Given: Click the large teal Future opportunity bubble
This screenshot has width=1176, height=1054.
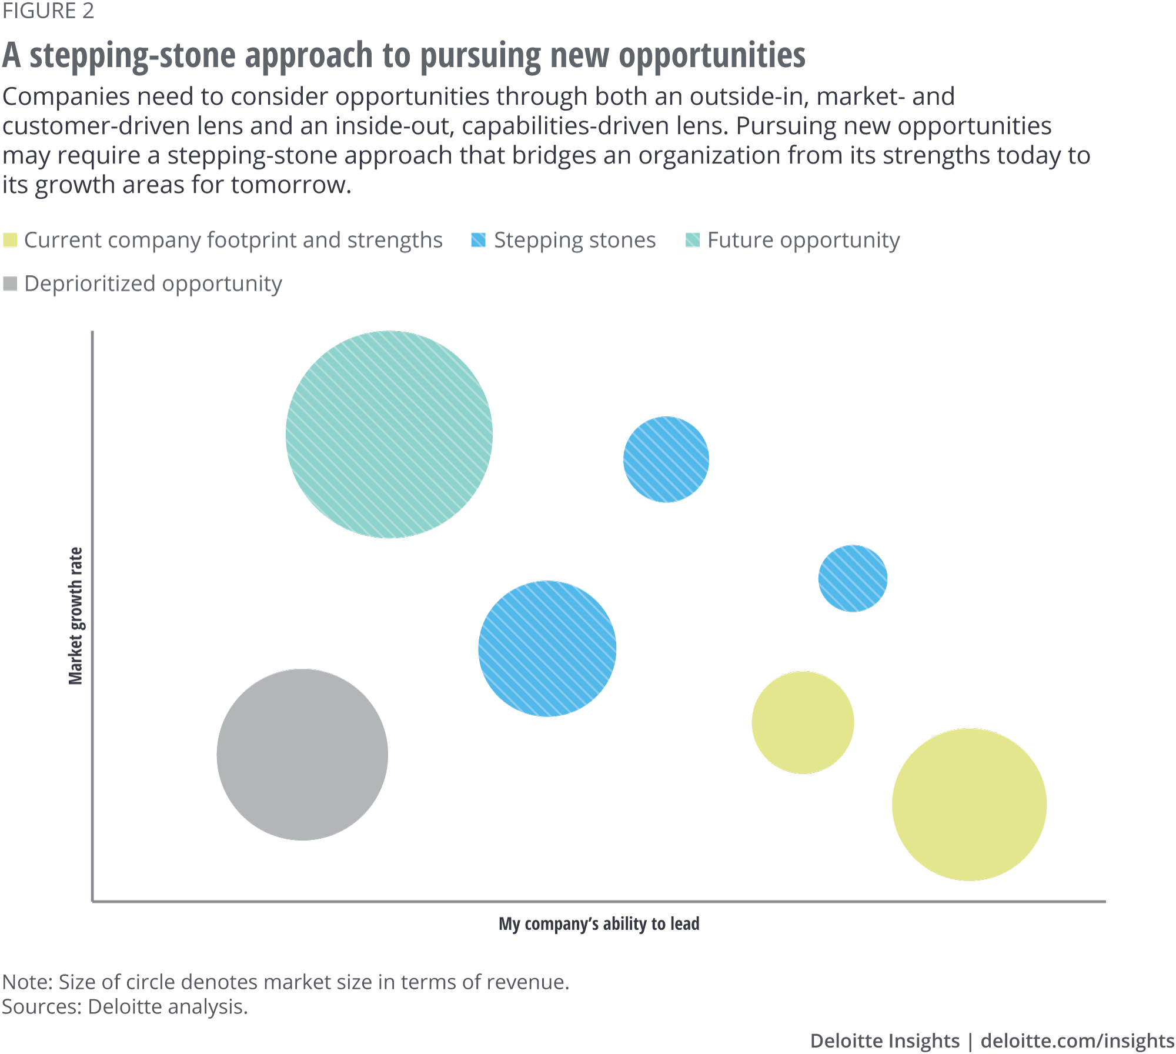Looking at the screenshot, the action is pyautogui.click(x=389, y=434).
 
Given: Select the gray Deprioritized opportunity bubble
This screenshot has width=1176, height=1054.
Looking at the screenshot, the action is pyautogui.click(x=302, y=754).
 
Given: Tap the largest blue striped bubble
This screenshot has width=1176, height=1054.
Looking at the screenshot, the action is pyautogui.click(x=547, y=649).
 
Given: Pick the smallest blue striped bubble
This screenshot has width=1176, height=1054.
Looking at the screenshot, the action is pyautogui.click(x=853, y=578).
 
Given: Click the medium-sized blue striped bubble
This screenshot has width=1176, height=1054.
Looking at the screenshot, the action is pyautogui.click(x=666, y=459).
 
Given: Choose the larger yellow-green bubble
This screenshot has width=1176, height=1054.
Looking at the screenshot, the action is pyautogui.click(x=969, y=805).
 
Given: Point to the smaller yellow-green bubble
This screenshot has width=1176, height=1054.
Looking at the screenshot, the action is pyautogui.click(x=803, y=722).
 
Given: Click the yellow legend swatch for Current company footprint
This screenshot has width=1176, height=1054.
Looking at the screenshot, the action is pyautogui.click(x=10, y=240).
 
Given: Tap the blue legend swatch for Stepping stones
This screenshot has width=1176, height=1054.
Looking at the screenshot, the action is pyautogui.click(x=479, y=240).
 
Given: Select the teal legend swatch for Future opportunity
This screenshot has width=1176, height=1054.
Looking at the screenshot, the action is pyautogui.click(x=693, y=240).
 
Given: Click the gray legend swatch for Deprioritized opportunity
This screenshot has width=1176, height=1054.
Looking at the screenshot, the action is pyautogui.click(x=10, y=283).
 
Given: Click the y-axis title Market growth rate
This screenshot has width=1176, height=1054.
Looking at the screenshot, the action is pyautogui.click(x=76, y=616).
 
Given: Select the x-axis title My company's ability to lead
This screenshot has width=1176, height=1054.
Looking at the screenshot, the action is pyautogui.click(x=599, y=923).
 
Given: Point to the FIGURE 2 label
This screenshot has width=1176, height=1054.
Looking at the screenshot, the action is pyautogui.click(x=48, y=11).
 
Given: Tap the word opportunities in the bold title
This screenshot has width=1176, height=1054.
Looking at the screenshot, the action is pyautogui.click(x=712, y=56).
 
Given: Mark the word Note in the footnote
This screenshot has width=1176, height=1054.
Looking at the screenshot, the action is pyautogui.click(x=27, y=982).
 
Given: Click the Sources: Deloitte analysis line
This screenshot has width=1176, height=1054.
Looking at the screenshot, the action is pyautogui.click(x=125, y=1007).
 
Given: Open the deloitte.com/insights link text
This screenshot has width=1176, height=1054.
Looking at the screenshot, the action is pyautogui.click(x=1077, y=1040).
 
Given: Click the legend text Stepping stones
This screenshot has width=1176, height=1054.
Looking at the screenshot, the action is pyautogui.click(x=574, y=240).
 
